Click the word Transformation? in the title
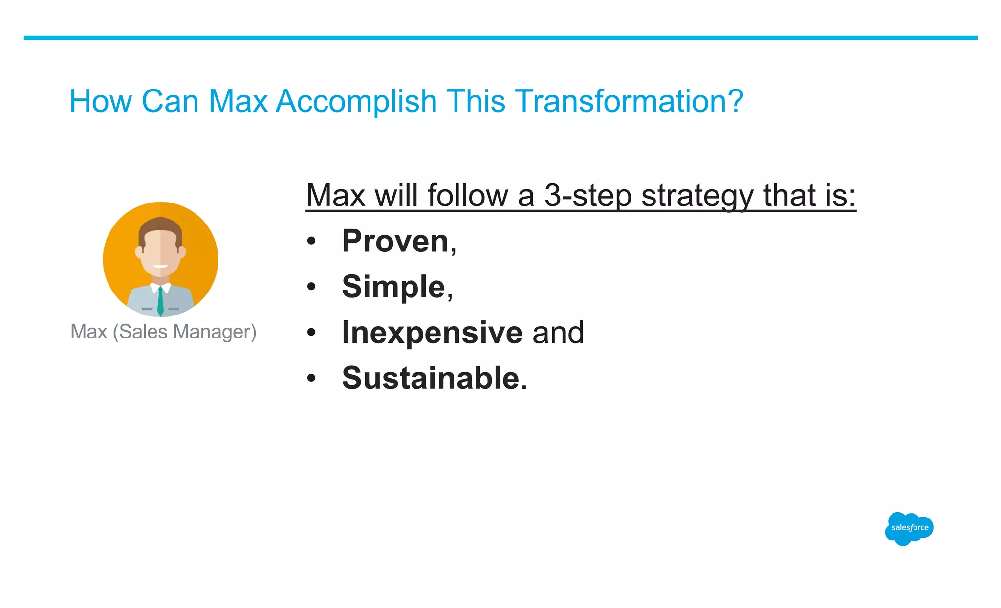pos(629,101)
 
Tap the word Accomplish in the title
pos(356,101)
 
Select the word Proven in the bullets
pos(395,241)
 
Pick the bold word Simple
pos(393,287)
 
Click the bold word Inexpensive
pos(432,333)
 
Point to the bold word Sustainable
pos(431,378)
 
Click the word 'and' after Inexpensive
pos(558,333)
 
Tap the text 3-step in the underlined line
pos(588,196)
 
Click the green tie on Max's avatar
pos(160,302)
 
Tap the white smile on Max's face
pos(160,267)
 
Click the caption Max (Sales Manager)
pos(163,332)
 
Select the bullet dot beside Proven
pos(311,241)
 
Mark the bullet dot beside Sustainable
pos(311,378)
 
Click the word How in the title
pos(101,101)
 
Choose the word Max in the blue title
pos(238,101)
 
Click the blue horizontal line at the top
pos(500,38)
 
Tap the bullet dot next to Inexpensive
pos(311,333)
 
